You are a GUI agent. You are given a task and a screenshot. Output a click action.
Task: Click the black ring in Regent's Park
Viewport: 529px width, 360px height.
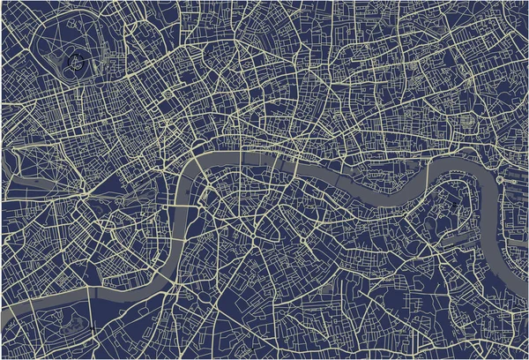(78, 64)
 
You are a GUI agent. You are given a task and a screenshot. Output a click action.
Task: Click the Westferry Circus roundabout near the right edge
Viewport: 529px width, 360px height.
(500, 179)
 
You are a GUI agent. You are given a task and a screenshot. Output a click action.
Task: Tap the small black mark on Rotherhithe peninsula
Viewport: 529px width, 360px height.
(454, 205)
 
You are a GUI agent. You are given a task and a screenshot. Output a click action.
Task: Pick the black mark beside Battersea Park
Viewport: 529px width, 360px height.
(92, 330)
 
